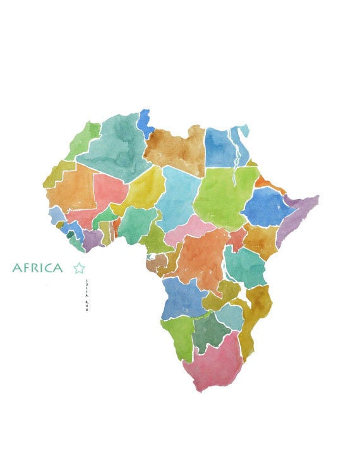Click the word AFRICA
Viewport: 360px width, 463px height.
pos(38,268)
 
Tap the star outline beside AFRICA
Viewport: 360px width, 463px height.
pos(79,268)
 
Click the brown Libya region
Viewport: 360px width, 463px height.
pos(176,149)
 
